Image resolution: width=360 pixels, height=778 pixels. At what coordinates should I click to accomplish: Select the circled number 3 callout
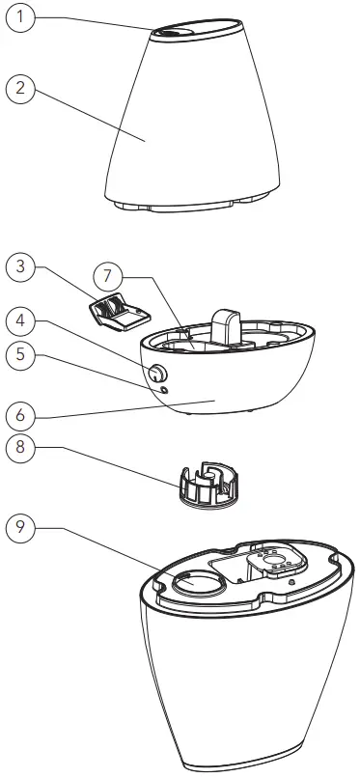click(x=21, y=267)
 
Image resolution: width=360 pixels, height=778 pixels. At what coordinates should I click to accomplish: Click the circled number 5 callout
click(x=21, y=354)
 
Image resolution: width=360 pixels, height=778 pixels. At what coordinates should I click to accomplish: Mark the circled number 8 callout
click(x=21, y=448)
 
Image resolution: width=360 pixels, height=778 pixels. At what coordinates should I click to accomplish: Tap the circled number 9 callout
click(x=21, y=528)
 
